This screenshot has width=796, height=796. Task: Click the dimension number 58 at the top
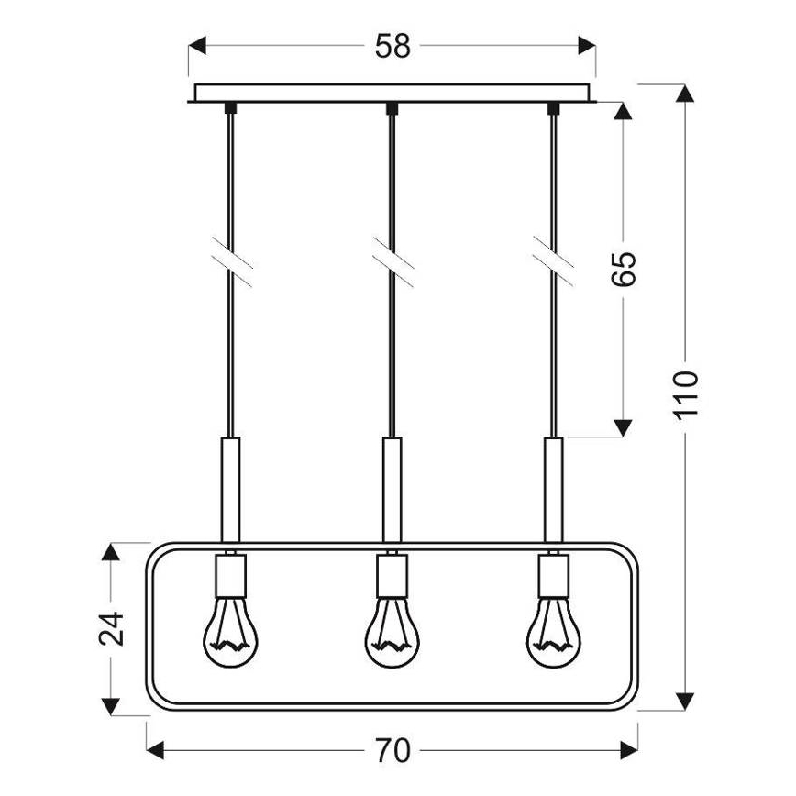(x=392, y=47)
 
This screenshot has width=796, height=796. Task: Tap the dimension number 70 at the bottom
(x=392, y=750)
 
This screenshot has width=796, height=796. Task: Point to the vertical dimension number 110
(x=685, y=394)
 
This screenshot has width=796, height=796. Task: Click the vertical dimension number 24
(x=111, y=628)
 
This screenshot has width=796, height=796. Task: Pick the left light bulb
(x=230, y=632)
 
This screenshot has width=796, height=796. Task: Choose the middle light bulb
(x=392, y=632)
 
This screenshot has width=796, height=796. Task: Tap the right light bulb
(x=553, y=632)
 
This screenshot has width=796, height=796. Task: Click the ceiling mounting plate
(x=392, y=93)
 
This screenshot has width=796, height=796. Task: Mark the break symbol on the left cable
(x=231, y=260)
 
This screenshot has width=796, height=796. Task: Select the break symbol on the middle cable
(x=392, y=260)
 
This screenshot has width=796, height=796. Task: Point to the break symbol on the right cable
(x=554, y=260)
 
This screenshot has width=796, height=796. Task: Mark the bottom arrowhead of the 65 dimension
(x=623, y=426)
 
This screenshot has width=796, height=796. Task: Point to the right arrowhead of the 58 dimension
(x=586, y=47)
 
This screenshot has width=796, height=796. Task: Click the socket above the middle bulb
(x=392, y=577)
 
